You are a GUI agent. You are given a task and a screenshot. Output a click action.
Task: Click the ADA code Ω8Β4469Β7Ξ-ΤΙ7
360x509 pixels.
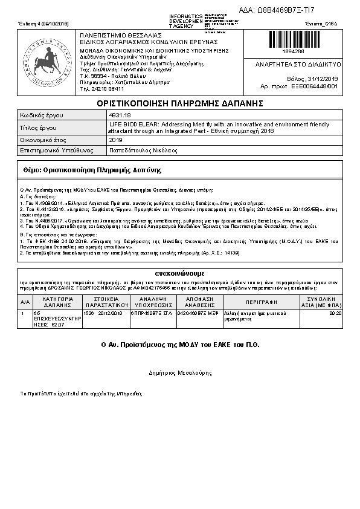[285, 10]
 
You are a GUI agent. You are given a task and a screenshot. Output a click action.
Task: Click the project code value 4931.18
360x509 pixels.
[118, 114]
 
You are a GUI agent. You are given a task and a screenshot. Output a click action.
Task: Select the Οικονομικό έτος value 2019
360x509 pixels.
[115, 140]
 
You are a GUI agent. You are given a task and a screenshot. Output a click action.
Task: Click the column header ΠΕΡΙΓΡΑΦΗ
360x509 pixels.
[261, 301]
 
